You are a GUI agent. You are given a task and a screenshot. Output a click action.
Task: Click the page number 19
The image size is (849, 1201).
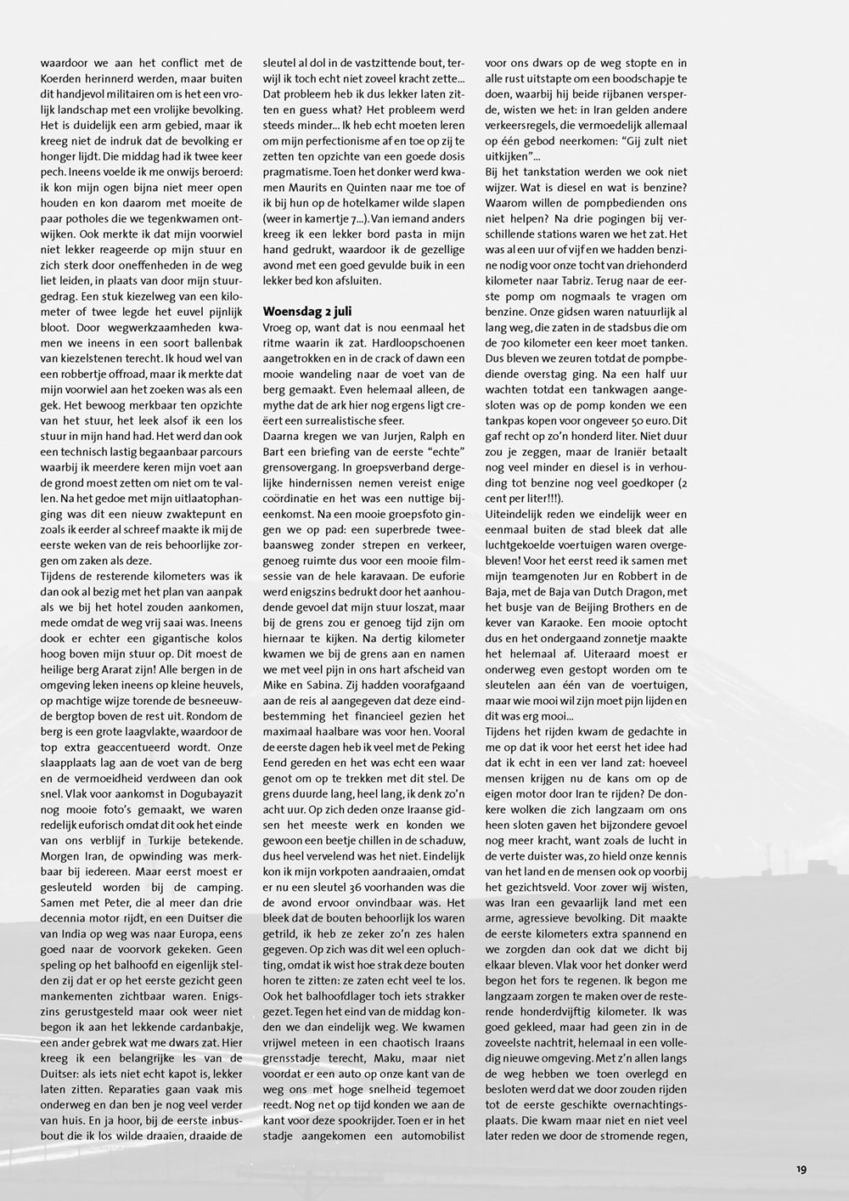coord(801,1170)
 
